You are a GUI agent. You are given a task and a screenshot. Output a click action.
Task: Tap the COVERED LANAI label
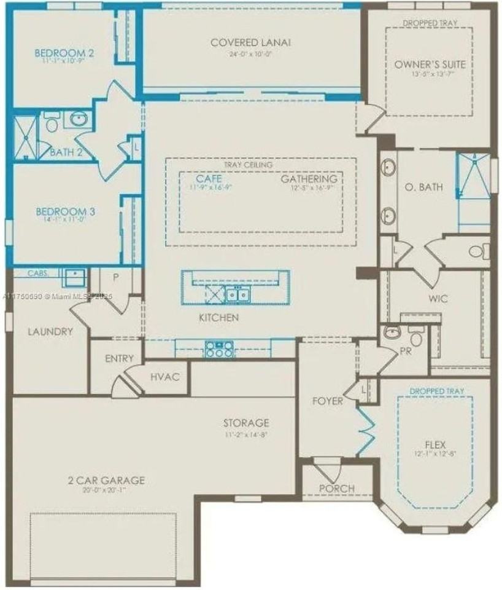tap(250, 42)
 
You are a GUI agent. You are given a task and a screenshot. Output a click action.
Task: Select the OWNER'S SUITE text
tap(430, 65)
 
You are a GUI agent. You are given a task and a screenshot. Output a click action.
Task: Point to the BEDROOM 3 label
tap(64, 211)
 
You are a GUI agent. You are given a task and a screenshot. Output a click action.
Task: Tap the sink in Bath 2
tap(79, 119)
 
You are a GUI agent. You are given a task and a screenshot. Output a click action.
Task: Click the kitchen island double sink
tap(237, 295)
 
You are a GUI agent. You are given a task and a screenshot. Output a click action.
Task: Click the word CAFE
tap(209, 178)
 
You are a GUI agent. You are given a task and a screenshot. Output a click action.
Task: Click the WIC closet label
tap(439, 299)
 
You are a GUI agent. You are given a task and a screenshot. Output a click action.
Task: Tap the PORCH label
tap(337, 488)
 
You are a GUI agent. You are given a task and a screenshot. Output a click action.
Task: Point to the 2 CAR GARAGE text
tap(106, 480)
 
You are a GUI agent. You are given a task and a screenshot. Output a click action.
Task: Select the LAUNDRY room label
tap(50, 331)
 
